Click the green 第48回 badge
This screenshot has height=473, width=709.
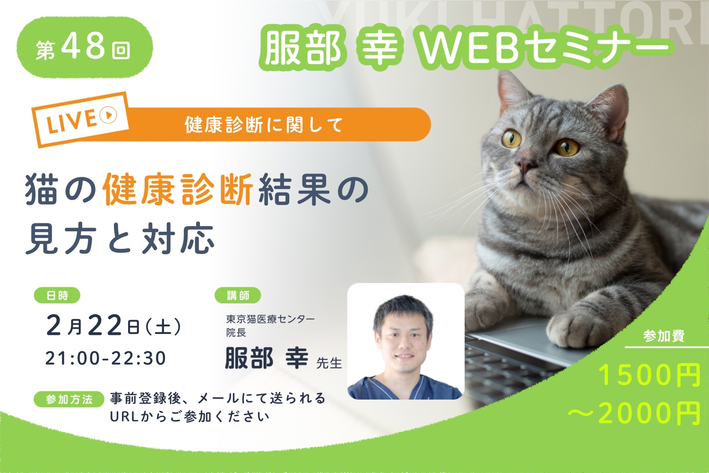coord(85,47)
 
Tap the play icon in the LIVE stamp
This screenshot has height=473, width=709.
coord(108,114)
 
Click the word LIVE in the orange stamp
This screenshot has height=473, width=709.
coord(71,122)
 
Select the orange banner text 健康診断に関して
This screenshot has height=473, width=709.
coord(264,125)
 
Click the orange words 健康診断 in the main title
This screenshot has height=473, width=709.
coord(178,190)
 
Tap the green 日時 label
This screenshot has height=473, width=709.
coord(57,295)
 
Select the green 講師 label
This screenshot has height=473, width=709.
coord(238,295)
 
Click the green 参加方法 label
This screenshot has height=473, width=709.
coord(69,399)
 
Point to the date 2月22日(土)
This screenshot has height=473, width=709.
coord(113,326)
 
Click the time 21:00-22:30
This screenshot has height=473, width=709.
coord(106,359)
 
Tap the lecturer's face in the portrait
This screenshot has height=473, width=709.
coord(403,337)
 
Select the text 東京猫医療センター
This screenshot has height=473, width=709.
coord(270,319)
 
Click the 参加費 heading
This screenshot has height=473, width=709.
coord(664,336)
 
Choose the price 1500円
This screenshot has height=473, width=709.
coord(649,376)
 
